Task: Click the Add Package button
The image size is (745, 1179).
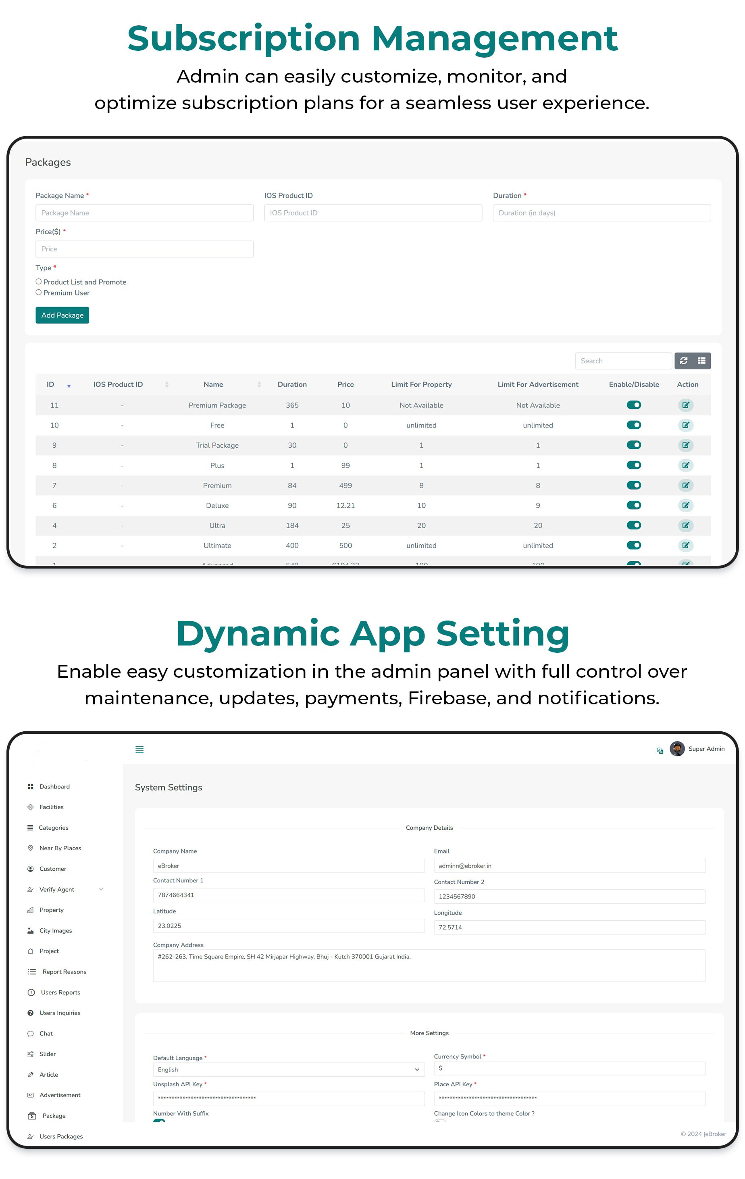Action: [x=62, y=316]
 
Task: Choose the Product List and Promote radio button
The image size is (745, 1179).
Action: [x=39, y=282]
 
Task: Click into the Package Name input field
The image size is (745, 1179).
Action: [x=144, y=213]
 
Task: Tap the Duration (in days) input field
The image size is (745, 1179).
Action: [x=601, y=213]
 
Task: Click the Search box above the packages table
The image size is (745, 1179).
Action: [x=622, y=361]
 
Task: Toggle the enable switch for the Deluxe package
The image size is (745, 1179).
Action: [x=633, y=505]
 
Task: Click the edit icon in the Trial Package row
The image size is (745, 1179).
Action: [x=685, y=445]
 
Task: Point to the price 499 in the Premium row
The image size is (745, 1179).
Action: [x=345, y=485]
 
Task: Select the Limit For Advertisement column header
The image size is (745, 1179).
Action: [x=537, y=384]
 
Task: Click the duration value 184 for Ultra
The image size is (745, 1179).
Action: [x=292, y=525]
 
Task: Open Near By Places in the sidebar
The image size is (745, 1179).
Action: [x=60, y=848]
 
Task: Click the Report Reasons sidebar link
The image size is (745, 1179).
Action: [x=64, y=971]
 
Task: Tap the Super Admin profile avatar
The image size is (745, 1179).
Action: [x=677, y=749]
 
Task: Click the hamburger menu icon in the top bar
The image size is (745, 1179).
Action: [x=139, y=749]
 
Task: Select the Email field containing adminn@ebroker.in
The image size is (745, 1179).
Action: [x=569, y=866]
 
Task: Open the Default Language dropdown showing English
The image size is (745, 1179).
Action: [x=289, y=1069]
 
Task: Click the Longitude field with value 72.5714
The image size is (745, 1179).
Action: [x=569, y=927]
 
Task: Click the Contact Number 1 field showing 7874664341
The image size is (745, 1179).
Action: [x=289, y=895]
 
